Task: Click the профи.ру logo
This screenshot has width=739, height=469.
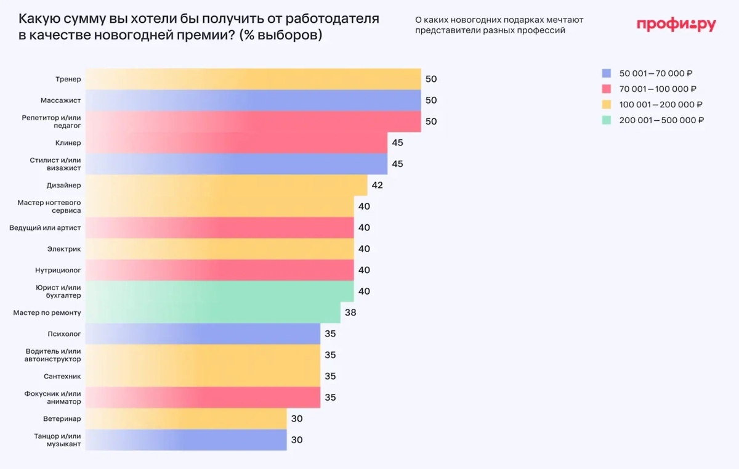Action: [676, 25]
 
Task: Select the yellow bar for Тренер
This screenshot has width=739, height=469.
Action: [252, 79]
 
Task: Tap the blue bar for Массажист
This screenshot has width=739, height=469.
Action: [252, 100]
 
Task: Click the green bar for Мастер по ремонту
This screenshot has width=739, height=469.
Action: [212, 312]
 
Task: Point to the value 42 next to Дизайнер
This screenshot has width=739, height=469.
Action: [378, 185]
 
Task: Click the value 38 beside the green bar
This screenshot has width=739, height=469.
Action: [350, 312]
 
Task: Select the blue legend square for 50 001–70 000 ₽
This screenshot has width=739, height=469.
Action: [607, 73]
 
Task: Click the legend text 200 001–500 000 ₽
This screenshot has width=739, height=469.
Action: [661, 120]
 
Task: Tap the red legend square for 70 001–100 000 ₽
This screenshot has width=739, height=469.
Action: [607, 89]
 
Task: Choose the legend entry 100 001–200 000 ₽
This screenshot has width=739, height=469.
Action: [661, 105]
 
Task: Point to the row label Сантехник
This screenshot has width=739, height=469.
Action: [62, 376]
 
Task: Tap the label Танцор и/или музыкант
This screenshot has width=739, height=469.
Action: [57, 440]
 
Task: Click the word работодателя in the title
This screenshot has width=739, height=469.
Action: [331, 19]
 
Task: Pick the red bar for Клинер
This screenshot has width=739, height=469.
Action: [237, 142]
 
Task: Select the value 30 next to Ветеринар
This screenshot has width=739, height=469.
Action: [296, 418]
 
